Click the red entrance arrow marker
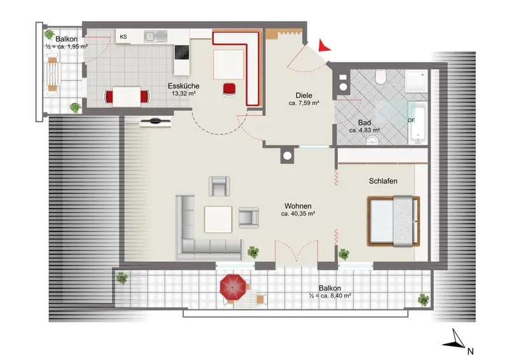click(x=324, y=46)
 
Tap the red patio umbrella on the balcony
click(x=233, y=287)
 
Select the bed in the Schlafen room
click(x=393, y=221)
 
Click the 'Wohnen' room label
click(x=298, y=206)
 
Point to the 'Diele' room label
click(x=304, y=95)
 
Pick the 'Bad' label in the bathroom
click(x=365, y=123)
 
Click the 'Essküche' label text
click(x=183, y=86)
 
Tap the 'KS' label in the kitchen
click(x=123, y=37)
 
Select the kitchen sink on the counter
click(x=156, y=36)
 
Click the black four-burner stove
click(x=182, y=52)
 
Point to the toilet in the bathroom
click(x=380, y=77)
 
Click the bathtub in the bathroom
click(x=418, y=124)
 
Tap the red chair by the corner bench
click(x=229, y=89)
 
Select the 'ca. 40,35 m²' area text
click(x=298, y=214)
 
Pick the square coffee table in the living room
click(x=218, y=219)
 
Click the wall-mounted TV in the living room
click(x=155, y=122)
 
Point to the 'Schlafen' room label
click(x=383, y=181)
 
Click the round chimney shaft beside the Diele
click(x=288, y=156)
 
